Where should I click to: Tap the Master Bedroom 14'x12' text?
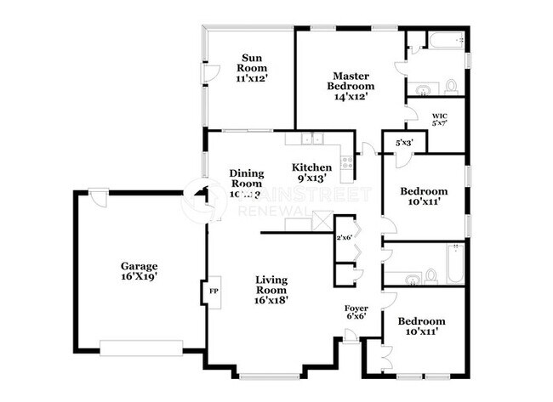353,86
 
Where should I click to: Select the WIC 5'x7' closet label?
439,118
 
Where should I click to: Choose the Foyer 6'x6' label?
356,313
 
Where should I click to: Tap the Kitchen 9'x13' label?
312,173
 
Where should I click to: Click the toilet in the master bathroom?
450,86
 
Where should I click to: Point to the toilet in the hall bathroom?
430,275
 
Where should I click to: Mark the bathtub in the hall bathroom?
454,262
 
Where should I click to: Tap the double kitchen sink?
311,139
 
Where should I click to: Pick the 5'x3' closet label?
403,143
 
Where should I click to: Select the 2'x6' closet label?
345,237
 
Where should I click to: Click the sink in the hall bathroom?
412,277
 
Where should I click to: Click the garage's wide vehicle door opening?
140,346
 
